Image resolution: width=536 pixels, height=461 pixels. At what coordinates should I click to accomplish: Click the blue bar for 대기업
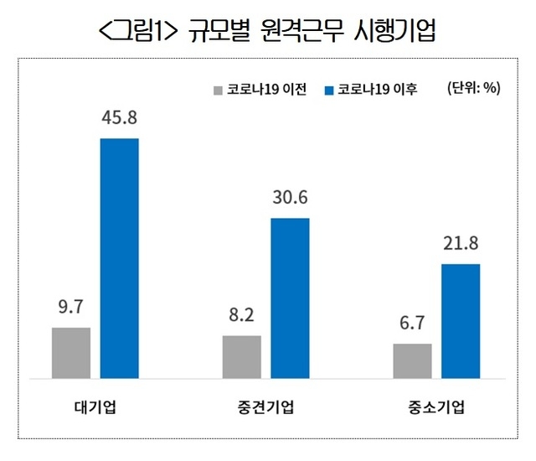(x=119, y=258)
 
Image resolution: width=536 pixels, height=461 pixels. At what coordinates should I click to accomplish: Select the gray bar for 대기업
(x=71, y=353)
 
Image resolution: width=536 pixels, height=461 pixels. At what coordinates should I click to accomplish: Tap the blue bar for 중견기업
(x=290, y=298)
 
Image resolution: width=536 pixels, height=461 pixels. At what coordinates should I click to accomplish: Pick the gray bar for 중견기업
(x=242, y=357)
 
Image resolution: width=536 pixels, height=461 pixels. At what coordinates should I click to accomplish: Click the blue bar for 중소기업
(x=461, y=321)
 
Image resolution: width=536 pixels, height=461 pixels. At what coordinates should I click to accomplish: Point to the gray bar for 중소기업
(x=412, y=361)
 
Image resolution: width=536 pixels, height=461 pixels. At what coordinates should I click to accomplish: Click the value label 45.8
(x=119, y=118)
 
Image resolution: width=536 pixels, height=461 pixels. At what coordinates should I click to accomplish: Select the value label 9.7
(x=70, y=308)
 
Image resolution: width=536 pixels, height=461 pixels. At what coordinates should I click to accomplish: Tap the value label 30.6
(x=290, y=199)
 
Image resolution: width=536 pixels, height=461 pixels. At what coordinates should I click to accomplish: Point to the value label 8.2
(x=241, y=317)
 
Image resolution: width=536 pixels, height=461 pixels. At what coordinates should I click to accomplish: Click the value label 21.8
(x=461, y=244)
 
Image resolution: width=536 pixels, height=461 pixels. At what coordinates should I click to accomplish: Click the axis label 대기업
(x=94, y=409)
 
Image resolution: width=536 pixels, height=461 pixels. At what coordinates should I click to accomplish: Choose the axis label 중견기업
(x=265, y=409)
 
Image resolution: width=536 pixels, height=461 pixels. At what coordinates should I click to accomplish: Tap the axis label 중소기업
(x=436, y=409)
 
